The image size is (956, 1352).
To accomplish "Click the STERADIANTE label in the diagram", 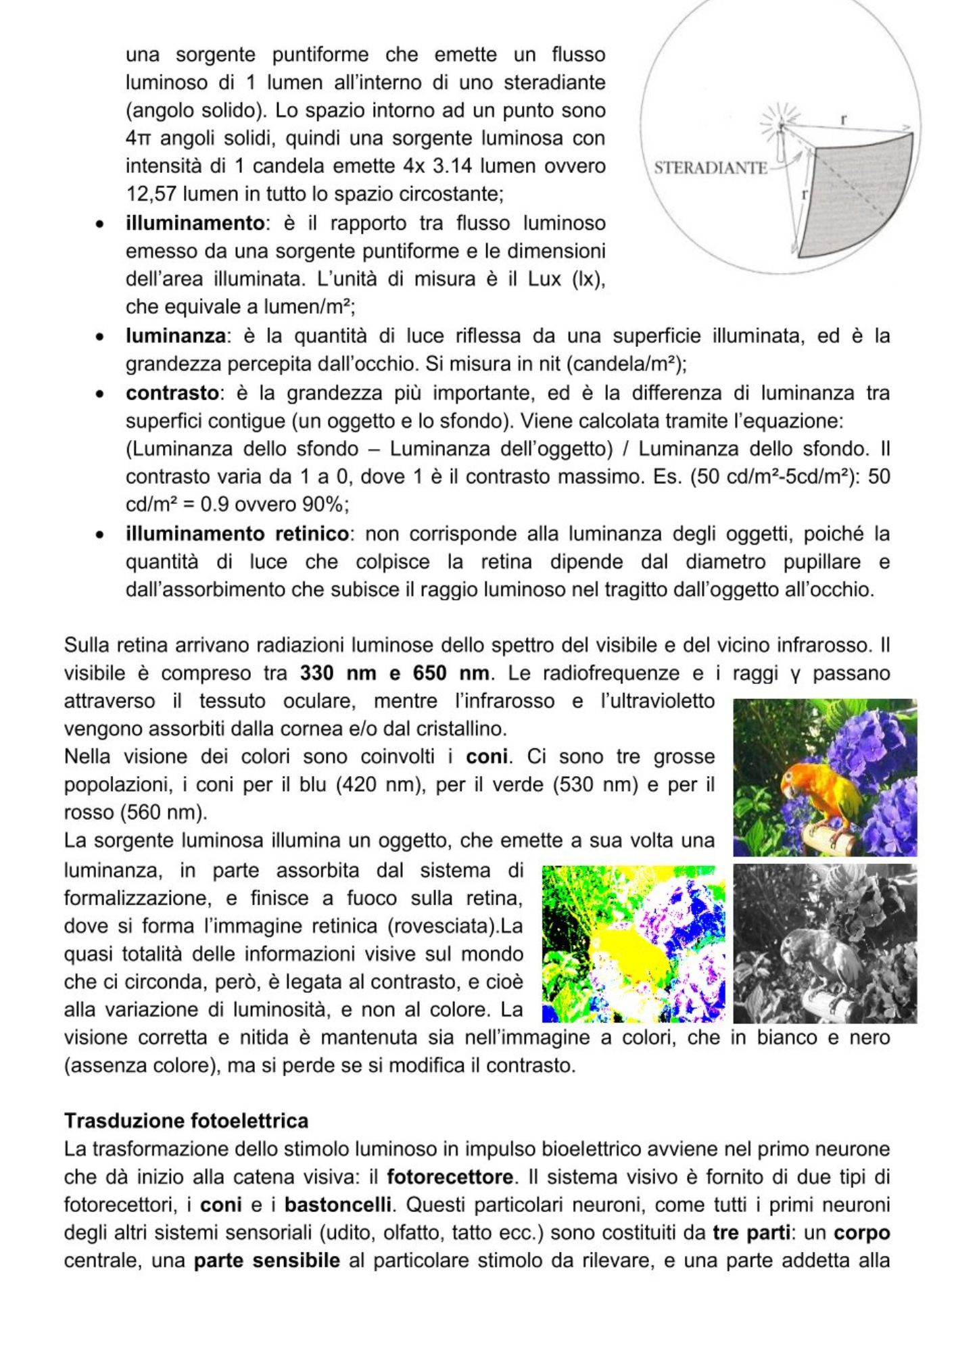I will (x=710, y=168).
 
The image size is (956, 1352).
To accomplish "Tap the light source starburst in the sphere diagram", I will (x=780, y=124).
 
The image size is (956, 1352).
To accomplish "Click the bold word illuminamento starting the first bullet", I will (x=195, y=223).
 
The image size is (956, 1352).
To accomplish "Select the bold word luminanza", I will (x=175, y=336).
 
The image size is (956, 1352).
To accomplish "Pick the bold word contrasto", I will (x=172, y=393).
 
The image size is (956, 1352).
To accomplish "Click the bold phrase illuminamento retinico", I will (x=237, y=534).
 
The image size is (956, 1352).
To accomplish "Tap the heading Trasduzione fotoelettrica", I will (x=186, y=1121).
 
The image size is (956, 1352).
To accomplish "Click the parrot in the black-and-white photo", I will (x=815, y=957).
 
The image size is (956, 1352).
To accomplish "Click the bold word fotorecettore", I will (x=450, y=1177).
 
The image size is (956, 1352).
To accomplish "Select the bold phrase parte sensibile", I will (x=266, y=1261).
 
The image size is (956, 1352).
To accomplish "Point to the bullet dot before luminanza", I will (x=100, y=337).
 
